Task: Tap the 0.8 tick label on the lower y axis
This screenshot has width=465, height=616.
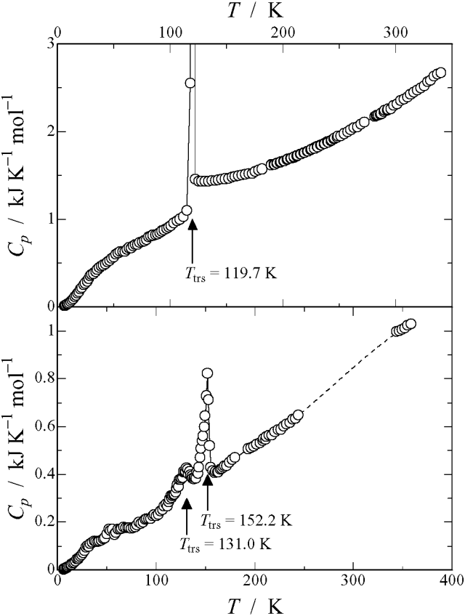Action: (x=44, y=378)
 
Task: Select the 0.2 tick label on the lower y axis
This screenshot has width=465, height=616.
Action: (x=44, y=521)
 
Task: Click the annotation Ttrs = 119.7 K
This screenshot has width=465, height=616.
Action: (x=222, y=275)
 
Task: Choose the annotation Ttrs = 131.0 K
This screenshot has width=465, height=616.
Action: (x=225, y=543)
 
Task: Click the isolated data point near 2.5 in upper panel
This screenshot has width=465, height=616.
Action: (x=190, y=83)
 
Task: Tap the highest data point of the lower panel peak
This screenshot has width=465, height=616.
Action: (x=207, y=373)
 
